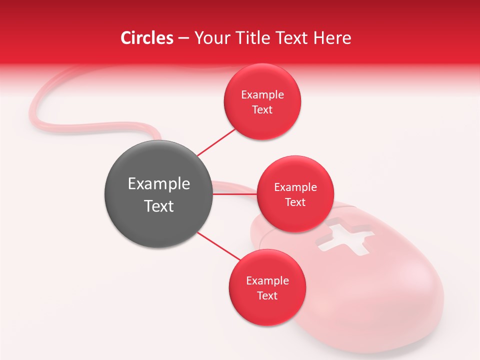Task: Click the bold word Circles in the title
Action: coord(147,38)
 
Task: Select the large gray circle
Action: coord(158,194)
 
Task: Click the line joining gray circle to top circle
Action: coord(216,141)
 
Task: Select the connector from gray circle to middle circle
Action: coord(234,194)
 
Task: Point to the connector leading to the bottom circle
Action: coord(218,245)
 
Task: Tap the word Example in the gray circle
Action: coord(158,184)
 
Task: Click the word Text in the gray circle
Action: coord(158,206)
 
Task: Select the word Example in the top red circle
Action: coord(262,95)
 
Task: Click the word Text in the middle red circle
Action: coord(295,202)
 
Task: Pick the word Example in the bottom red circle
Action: coord(267,281)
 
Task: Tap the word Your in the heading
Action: coord(211,38)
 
